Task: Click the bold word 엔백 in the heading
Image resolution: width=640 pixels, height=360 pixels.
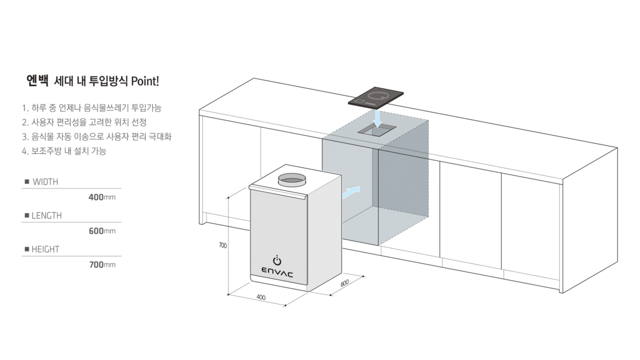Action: pyautogui.click(x=37, y=81)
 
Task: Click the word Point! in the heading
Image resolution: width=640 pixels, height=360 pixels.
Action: pyautogui.click(x=145, y=81)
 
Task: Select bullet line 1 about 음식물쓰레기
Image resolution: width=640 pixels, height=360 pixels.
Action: pyautogui.click(x=91, y=108)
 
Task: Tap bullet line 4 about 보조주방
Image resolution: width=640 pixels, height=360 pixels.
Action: pyautogui.click(x=64, y=151)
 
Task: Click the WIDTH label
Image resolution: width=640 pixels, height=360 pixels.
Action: pyautogui.click(x=45, y=181)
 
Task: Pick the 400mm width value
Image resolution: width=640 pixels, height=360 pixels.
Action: pyautogui.click(x=102, y=197)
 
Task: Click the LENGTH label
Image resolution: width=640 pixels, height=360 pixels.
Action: pyautogui.click(x=46, y=215)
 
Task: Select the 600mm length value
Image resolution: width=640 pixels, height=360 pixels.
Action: pyautogui.click(x=102, y=231)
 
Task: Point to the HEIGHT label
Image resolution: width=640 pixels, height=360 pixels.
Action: pyautogui.click(x=45, y=249)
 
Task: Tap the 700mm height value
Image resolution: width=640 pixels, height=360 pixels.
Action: pyautogui.click(x=102, y=264)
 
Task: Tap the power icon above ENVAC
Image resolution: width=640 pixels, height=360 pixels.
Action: pyautogui.click(x=277, y=260)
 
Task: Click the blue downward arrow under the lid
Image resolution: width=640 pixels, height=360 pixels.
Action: pyautogui.click(x=377, y=119)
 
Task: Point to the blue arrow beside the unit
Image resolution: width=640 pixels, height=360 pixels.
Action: pyautogui.click(x=351, y=192)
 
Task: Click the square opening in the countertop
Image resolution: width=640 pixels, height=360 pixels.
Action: pyautogui.click(x=377, y=131)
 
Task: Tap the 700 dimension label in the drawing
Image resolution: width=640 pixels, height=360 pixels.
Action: pyautogui.click(x=222, y=245)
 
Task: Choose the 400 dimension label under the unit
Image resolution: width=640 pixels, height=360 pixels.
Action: pyautogui.click(x=261, y=297)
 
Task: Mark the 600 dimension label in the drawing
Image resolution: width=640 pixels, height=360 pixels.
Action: pyautogui.click(x=344, y=283)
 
